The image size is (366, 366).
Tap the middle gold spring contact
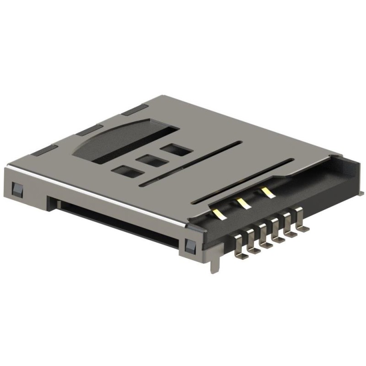[243, 202]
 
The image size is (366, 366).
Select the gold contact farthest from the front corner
[267, 191]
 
